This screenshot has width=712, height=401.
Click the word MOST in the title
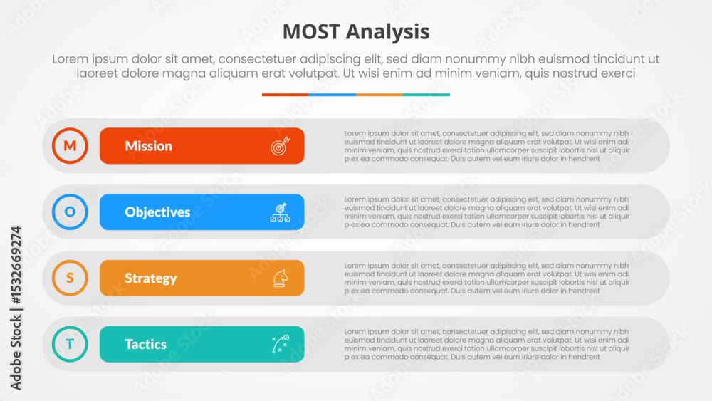pos(311,32)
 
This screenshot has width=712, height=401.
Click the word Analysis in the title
pos(388,33)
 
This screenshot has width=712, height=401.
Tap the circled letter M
pos(70,146)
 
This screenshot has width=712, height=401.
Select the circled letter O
pos(70,212)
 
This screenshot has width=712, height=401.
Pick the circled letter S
pos(70,278)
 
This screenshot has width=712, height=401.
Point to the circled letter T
pos(70,344)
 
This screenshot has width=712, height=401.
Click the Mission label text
pos(149,146)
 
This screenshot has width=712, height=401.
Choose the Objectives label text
pos(157,212)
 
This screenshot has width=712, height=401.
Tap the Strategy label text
pos(151,278)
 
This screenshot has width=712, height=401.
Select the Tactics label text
pos(146,344)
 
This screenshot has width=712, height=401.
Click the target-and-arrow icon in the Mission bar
pos(280,146)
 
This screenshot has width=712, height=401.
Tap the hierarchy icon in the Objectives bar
pos(280,212)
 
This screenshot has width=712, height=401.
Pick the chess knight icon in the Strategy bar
pos(281,278)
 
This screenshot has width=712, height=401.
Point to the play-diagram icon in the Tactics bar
pos(280,344)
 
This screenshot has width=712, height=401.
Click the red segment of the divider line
pos(286,95)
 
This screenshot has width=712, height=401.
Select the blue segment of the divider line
pos(333,95)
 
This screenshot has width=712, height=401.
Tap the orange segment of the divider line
pos(379,95)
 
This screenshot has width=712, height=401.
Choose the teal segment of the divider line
pos(426,95)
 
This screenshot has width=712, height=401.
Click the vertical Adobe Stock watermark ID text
pos(16,308)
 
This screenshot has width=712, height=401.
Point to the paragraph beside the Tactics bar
pos(487,344)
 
